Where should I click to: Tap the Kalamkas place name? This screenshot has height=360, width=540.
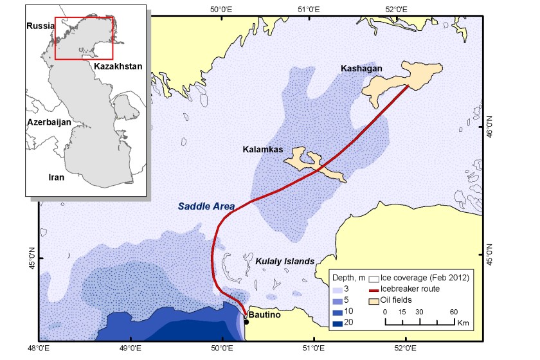pyautogui.click(x=262, y=150)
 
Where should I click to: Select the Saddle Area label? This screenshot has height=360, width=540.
pyautogui.click(x=206, y=206)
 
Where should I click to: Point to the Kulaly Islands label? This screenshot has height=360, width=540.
pyautogui.click(x=285, y=262)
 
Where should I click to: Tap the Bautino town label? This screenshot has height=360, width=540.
pyautogui.click(x=265, y=315)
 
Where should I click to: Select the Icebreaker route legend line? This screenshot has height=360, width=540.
pyautogui.click(x=374, y=289)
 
